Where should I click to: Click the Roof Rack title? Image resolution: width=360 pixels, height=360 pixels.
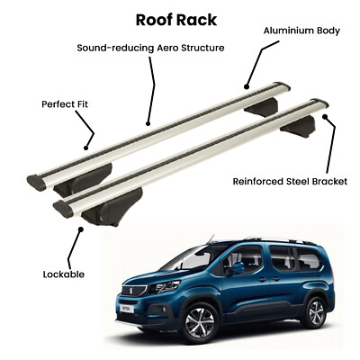(176, 20)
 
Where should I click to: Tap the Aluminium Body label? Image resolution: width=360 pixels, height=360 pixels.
(301, 31)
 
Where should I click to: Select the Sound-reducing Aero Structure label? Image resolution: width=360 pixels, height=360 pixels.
(150, 48)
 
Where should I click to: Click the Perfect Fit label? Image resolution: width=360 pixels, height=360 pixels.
(65, 104)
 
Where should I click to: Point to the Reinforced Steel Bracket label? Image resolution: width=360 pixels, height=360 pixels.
(290, 182)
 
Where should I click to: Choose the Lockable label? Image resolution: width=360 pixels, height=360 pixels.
(64, 274)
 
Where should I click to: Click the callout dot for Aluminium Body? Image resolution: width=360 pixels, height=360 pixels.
(247, 87)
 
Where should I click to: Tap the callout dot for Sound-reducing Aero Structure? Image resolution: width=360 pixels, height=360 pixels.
(148, 123)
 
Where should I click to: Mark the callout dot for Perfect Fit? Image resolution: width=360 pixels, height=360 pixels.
(85, 148)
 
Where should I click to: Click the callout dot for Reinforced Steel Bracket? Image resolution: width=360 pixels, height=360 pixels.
(325, 116)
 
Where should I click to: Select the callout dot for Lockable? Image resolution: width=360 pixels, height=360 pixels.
(80, 229)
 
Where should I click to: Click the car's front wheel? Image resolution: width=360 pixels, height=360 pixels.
(200, 323)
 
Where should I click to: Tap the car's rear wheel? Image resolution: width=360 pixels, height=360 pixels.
(315, 312)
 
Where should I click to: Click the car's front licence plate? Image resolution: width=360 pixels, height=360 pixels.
(127, 309)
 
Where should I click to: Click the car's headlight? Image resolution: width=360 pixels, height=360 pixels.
(164, 288)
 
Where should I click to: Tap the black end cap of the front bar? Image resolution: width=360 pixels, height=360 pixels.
(63, 209)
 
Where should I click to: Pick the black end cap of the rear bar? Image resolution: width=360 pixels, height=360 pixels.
(36, 183)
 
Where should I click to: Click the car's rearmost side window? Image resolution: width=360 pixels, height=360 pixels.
(309, 258)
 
